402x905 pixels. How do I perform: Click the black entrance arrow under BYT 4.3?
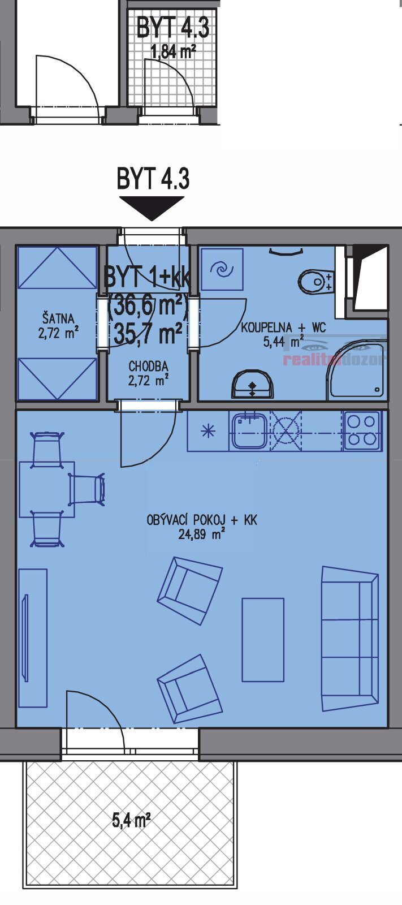pos(152,208)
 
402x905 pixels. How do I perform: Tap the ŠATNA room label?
pos(59,318)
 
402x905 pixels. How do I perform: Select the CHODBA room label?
pos(148,367)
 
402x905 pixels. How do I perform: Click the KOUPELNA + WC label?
pos(283,327)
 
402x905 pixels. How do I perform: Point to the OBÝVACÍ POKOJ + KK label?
pos(202,520)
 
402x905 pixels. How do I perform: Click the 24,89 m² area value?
pos(202,534)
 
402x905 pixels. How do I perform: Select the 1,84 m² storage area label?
pos(174,52)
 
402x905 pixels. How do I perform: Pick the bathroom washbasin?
pos(252,384)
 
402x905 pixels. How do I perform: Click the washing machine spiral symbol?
pos(222,269)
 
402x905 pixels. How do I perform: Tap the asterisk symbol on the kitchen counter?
pos(208,432)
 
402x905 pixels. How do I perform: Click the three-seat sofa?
pos(350,639)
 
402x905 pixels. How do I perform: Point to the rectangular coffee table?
pos(263,640)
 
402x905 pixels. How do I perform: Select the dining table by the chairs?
pos(47,489)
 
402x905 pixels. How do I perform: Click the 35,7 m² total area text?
pos(148,333)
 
